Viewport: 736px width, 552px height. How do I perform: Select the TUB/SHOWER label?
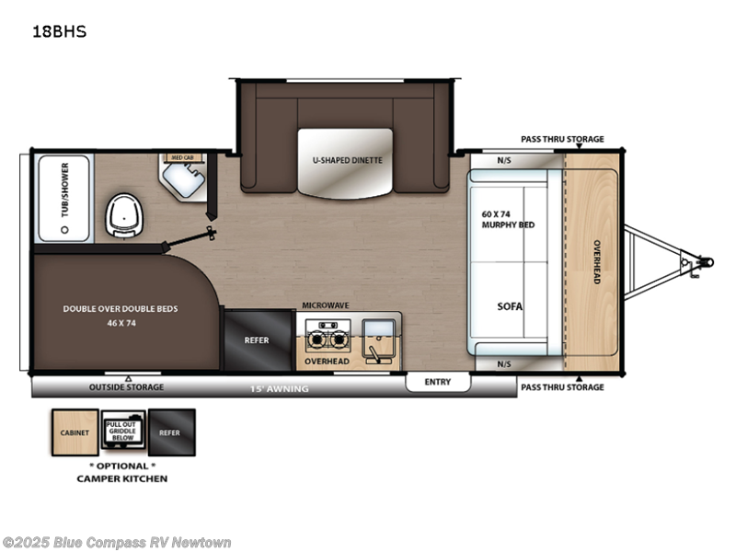pos(64,199)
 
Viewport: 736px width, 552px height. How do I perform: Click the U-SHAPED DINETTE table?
pos(345,163)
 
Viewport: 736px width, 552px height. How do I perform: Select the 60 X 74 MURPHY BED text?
pos(507,219)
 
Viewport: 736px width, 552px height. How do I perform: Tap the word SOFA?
pos(510,306)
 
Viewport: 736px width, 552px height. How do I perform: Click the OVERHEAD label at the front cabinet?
pos(596,261)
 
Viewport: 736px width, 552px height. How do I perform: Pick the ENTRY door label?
pos(437,382)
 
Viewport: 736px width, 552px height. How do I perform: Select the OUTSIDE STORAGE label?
pos(126,387)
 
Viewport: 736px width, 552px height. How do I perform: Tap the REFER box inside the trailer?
pos(257,339)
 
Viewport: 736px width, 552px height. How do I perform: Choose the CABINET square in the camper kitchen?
pos(75,432)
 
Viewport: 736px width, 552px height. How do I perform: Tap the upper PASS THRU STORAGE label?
pos(561,139)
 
